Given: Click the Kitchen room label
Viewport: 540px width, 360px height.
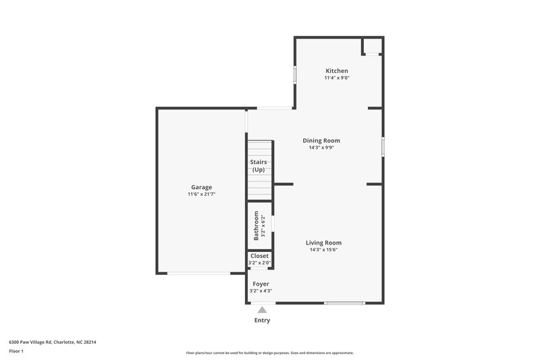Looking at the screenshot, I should coord(337,71).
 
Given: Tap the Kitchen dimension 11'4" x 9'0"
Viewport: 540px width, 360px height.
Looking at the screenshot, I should coord(337,78).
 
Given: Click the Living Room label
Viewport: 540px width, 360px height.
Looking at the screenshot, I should coord(323,242).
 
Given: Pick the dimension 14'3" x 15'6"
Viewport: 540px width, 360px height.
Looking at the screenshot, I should coord(323,250).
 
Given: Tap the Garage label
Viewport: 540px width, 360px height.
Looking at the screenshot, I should coord(201,187).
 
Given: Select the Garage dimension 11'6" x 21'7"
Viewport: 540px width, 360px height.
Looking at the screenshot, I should coord(201,195).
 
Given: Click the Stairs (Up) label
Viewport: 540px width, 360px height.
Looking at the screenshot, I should coord(259,166).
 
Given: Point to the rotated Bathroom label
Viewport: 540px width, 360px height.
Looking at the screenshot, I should coord(256,226).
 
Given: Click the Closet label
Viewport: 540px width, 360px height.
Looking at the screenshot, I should coord(259,256).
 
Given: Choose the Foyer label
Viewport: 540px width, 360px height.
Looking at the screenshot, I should coord(261,284).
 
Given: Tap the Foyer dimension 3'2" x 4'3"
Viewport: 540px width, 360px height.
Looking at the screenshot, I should coord(261,291).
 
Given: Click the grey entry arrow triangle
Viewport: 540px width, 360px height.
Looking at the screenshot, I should coord(262,309).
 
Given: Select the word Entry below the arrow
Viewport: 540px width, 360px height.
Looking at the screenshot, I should coord(262,320).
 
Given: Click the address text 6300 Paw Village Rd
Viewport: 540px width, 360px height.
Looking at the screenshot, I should coord(53,342).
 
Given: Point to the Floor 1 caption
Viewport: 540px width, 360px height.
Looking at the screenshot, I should coord(16,351).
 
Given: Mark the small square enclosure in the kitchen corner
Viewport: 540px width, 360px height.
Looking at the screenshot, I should coord(372,46).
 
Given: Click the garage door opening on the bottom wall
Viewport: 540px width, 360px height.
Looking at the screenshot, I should coord(198,273).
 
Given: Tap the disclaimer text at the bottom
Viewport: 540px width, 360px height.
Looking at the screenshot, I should coord(269,353).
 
